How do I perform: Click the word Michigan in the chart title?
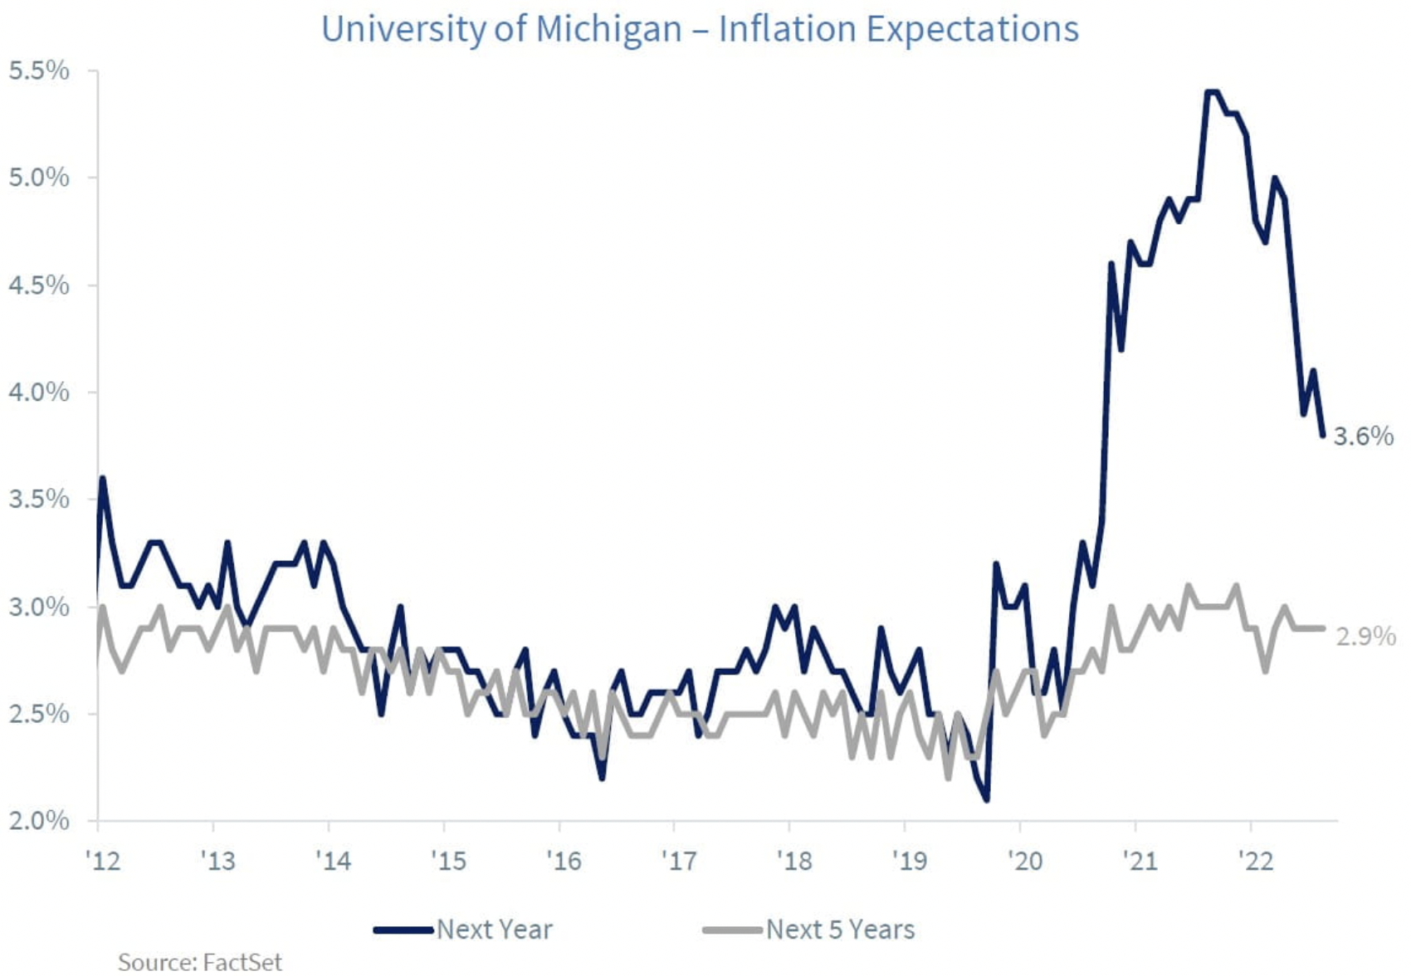tap(608, 30)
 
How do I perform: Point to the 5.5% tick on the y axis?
tap(39, 71)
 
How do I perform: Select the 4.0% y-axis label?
tap(39, 393)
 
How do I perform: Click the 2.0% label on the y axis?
tap(39, 821)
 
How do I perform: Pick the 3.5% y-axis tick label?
tap(39, 500)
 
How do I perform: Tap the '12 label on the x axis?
tap(103, 861)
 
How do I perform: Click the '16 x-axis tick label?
tap(564, 861)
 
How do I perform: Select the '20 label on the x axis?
tap(1025, 861)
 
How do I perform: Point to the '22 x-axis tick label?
tap(1255, 861)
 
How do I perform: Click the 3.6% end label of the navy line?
tap(1363, 437)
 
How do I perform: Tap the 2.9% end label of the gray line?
tap(1365, 637)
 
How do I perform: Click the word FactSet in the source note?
tap(242, 962)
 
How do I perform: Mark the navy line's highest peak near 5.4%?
tap(1212, 92)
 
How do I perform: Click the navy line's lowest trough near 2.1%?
tap(986, 799)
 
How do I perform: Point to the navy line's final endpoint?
tap(1322, 435)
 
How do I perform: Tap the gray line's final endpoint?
tap(1322, 628)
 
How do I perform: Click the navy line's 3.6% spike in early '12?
tap(102, 479)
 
